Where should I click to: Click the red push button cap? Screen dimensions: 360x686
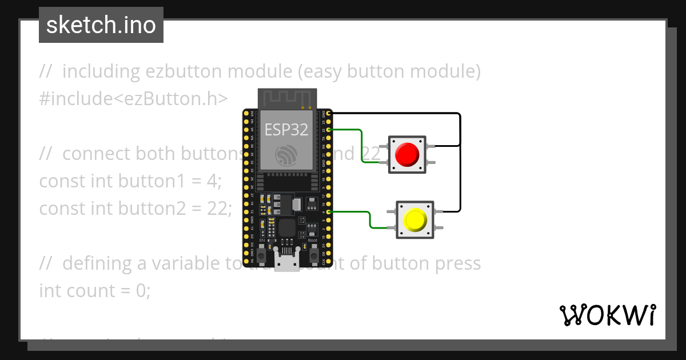click(407, 154)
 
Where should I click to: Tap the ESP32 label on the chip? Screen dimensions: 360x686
click(286, 130)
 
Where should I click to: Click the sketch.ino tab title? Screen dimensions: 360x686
click(101, 25)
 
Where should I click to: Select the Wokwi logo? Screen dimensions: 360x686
click(607, 315)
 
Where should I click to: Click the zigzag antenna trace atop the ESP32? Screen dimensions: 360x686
click(286, 98)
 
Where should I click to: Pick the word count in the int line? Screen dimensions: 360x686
click(91, 291)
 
